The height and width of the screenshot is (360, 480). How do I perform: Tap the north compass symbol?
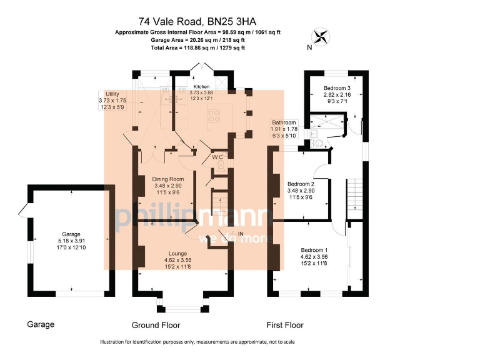pos(322,36)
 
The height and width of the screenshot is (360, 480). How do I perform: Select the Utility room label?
pos(112,93)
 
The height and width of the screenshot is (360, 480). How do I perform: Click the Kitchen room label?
pos(201,86)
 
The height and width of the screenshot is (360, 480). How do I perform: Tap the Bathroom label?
pos(283,122)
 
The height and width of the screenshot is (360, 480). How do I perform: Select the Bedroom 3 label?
pos(336,87)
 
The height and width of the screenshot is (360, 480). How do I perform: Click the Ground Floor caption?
pos(156,325)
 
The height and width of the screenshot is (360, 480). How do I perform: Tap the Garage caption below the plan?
pos(41,324)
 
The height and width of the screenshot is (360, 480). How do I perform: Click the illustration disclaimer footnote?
pos(197,342)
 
